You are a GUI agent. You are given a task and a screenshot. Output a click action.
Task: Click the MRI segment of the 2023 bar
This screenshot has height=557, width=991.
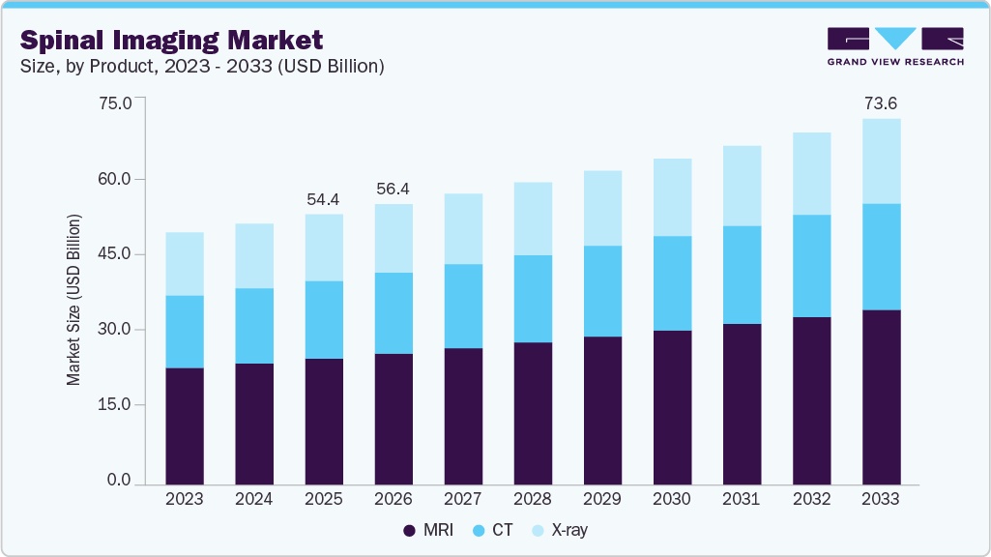184,425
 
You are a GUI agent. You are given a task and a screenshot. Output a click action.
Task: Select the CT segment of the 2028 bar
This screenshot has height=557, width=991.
533,299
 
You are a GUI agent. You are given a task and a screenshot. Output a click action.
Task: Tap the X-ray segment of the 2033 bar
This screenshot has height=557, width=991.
881,161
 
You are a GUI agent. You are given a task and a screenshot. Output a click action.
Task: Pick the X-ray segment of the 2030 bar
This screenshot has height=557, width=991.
672,197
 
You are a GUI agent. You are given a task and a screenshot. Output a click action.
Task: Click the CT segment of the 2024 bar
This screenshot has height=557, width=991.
253,326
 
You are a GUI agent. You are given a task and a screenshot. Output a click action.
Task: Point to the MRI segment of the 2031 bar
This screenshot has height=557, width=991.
742,403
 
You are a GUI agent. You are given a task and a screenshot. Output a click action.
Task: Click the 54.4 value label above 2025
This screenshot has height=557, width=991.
324,199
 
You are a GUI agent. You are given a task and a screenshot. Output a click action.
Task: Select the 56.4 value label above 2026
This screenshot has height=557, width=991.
393,189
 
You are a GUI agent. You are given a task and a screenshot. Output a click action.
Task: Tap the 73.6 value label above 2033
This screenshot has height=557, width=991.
881,103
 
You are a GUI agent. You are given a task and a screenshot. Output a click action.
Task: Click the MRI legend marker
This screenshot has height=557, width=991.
410,530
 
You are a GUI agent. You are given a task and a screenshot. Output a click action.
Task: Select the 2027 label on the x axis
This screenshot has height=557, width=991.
463,499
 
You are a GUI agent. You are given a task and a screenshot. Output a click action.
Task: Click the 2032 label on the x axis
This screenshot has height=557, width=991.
811,499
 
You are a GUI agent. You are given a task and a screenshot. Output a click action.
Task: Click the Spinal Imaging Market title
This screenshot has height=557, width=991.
172,40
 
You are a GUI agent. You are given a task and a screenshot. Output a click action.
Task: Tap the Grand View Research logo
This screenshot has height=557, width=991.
895,45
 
